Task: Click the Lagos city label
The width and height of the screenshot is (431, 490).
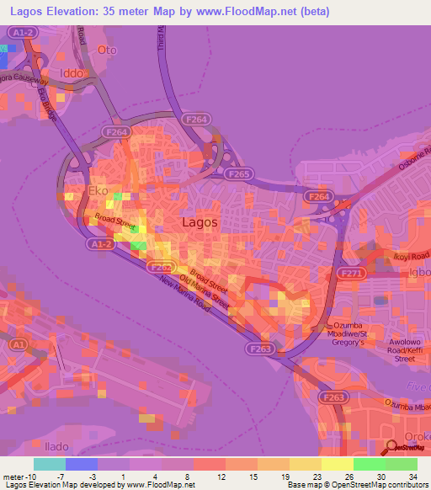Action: point(200,222)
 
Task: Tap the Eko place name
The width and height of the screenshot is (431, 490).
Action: point(98,191)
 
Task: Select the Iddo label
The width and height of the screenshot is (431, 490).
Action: point(72,73)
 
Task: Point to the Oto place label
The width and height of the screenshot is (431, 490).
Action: point(106,50)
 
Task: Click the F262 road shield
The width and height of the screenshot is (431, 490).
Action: point(158,267)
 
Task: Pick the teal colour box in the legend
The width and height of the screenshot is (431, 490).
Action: point(49,464)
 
